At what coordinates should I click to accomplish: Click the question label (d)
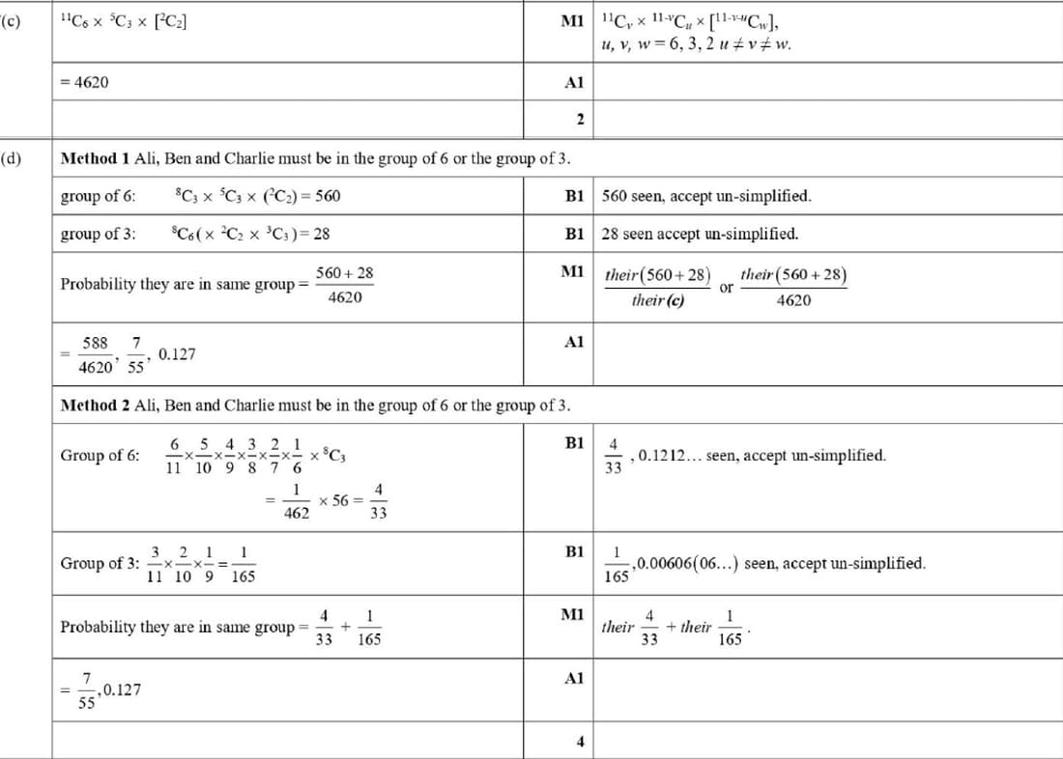(x=14, y=158)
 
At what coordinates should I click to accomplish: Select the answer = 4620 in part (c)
(x=84, y=83)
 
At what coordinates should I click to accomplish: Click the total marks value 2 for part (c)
(x=579, y=120)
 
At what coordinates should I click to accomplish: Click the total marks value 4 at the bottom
(x=580, y=742)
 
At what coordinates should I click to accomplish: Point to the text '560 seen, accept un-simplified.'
(x=706, y=196)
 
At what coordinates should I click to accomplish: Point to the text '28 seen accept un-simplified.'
(x=700, y=234)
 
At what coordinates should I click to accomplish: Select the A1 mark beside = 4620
(x=574, y=83)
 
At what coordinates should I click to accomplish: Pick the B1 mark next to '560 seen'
(x=574, y=196)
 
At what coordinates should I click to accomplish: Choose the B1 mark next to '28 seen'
(x=574, y=234)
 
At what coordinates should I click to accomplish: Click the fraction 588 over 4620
(x=95, y=354)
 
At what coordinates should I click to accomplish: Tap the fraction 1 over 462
(x=297, y=502)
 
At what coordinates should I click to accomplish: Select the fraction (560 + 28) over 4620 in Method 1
(x=345, y=285)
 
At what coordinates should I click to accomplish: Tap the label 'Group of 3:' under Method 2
(x=100, y=563)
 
